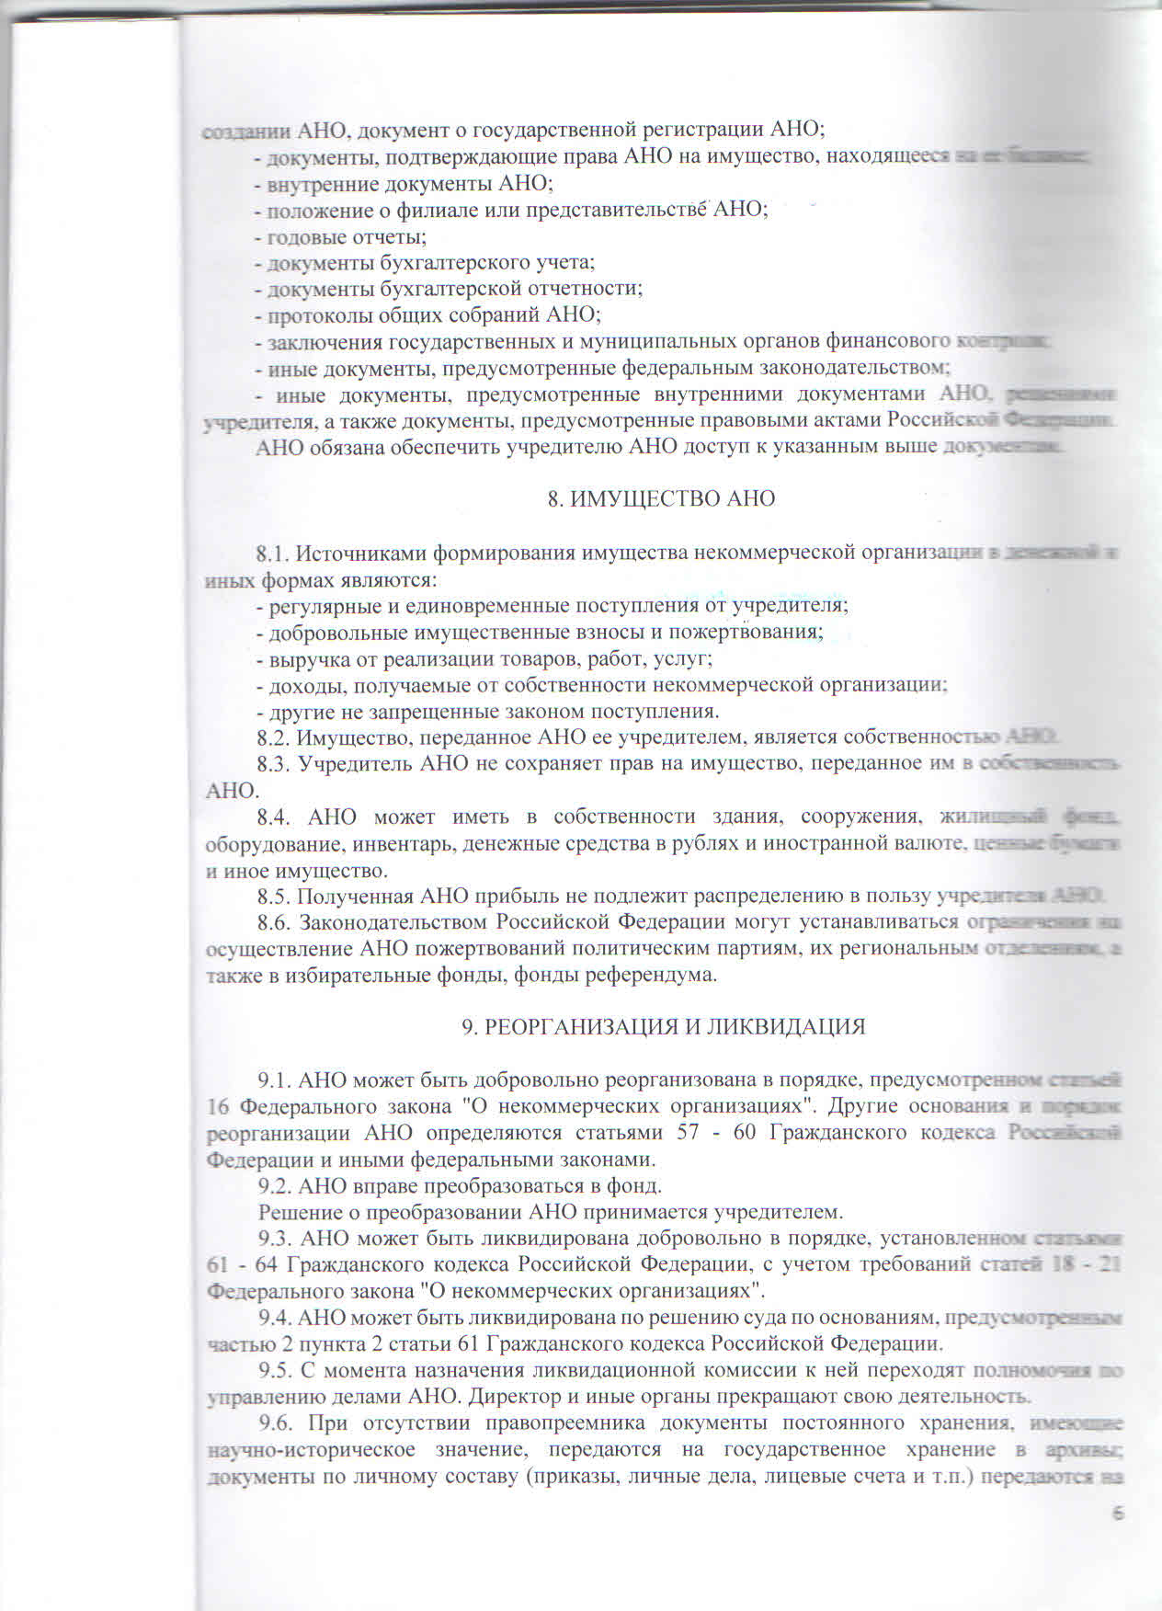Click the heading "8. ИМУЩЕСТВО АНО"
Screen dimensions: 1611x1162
tap(661, 498)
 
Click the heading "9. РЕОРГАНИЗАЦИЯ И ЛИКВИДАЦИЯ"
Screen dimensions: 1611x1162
tap(663, 1026)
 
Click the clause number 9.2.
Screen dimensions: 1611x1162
tap(276, 1185)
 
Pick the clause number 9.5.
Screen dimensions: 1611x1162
tap(276, 1370)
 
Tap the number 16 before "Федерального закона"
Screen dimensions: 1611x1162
tap(218, 1105)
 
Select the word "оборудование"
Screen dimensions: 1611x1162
tap(269, 843)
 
